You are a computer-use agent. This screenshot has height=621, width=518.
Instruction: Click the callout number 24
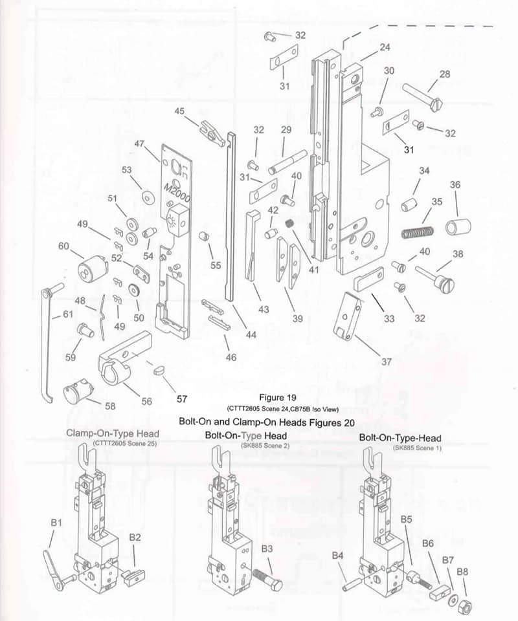pos(385,47)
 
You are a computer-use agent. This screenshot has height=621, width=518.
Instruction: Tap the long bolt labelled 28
pos(422,94)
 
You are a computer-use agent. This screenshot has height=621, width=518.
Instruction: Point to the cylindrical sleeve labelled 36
pos(458,228)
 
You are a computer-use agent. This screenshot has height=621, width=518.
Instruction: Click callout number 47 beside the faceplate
pos(139,144)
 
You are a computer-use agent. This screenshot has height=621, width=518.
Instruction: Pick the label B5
pos(407,519)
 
